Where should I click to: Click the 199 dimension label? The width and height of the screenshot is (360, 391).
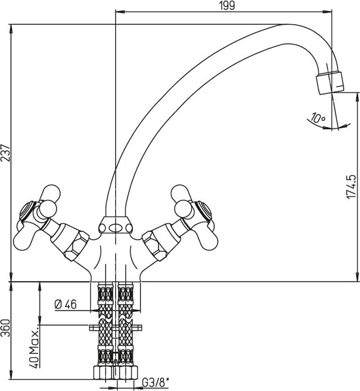(x=227, y=5)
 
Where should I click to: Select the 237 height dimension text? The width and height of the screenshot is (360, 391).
(x=6, y=153)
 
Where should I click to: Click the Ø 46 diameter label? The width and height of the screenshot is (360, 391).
(x=65, y=304)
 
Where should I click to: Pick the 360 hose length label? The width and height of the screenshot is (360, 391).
(x=6, y=328)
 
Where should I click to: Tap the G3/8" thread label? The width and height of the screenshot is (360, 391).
(x=156, y=382)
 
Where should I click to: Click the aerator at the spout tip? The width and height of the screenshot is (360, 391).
(x=330, y=82)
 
